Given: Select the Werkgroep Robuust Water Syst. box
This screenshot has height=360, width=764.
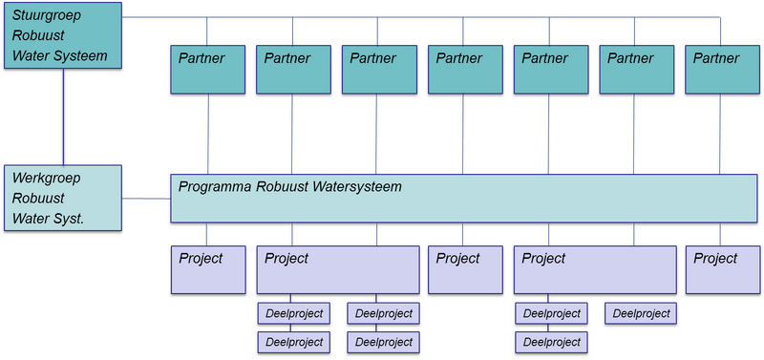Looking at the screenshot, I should click(63, 198).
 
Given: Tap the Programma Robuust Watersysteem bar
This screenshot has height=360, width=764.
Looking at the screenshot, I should click(463, 198).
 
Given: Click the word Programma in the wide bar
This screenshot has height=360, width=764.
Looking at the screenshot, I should click(215, 186).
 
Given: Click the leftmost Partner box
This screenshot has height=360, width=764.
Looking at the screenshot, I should click(207, 68).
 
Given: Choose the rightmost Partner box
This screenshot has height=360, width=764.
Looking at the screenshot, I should click(722, 68).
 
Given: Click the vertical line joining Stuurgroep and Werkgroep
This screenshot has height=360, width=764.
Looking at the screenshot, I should click(63, 116).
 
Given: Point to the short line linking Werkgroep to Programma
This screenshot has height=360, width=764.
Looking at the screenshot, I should click(146, 200).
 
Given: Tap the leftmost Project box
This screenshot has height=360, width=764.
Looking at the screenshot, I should click(207, 269).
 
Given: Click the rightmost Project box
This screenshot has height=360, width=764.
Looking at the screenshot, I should click(722, 269).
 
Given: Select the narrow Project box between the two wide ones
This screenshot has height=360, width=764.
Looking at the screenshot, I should click(465, 269).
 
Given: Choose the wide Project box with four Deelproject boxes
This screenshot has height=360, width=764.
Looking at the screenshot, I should click(338, 269).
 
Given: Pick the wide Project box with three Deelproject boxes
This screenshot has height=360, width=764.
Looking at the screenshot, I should click(593, 269).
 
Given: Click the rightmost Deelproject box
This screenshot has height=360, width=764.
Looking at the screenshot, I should click(639, 313).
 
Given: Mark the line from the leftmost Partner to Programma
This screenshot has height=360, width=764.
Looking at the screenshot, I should click(207, 134).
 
